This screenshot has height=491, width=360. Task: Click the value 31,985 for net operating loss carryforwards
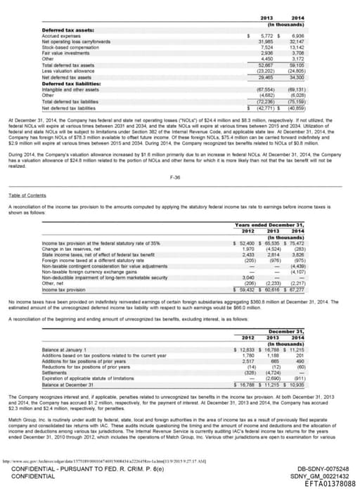pyautogui.click(x=264, y=41)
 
